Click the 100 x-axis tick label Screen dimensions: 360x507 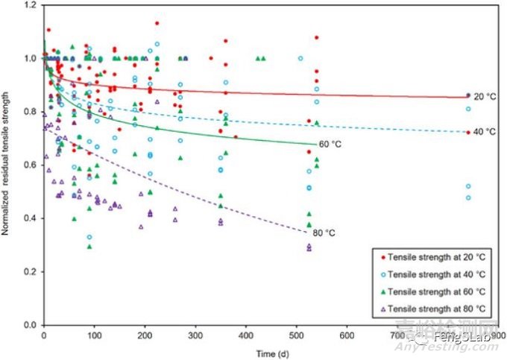click(94, 335)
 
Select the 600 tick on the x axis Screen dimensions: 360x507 click(347, 335)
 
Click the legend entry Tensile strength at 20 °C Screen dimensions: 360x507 click(434, 256)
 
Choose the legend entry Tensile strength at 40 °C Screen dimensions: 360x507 click(434, 274)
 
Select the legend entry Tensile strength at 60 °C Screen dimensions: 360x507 click(434, 291)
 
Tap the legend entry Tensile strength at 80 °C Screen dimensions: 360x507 click(434, 308)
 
